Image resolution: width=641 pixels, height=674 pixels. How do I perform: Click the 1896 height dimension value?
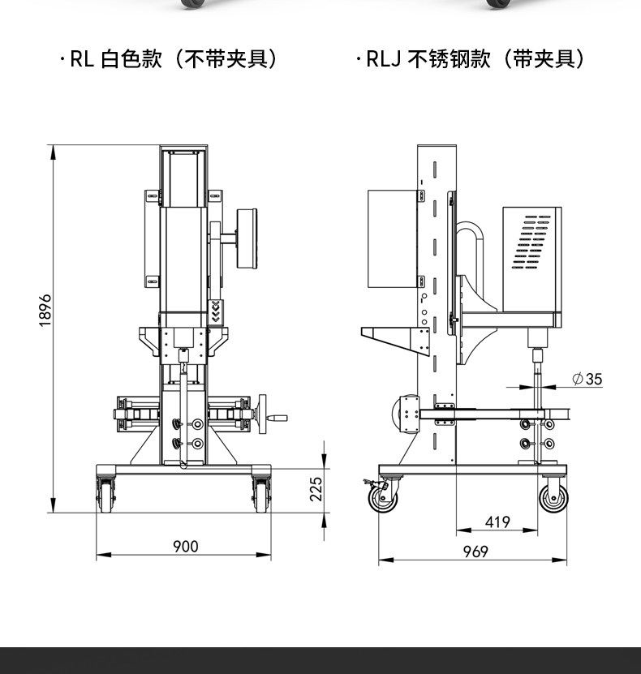pyautogui.click(x=45, y=311)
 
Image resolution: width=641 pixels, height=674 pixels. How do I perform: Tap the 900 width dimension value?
pyautogui.click(x=186, y=547)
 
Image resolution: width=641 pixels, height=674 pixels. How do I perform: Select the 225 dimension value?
pyautogui.click(x=316, y=489)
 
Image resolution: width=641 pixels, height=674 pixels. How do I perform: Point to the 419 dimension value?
pyautogui.click(x=497, y=522)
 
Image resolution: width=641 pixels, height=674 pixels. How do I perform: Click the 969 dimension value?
pyautogui.click(x=475, y=552)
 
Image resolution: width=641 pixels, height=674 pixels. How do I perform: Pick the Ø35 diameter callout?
pyautogui.click(x=587, y=379)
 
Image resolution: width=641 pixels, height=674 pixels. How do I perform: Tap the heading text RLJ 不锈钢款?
pyautogui.click(x=428, y=59)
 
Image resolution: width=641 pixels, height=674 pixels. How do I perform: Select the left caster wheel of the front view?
pyautogui.click(x=105, y=495)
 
